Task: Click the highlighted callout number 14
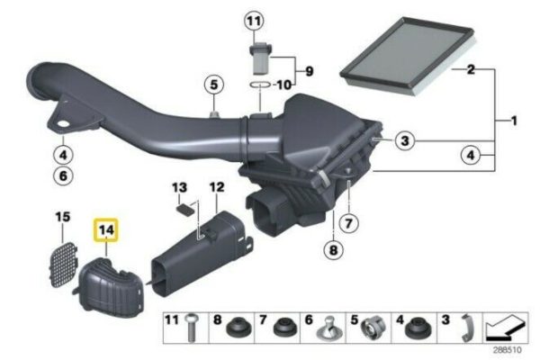[x=106, y=229]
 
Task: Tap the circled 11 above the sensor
[x=254, y=21]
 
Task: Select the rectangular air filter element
[x=409, y=56]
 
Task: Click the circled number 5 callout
[x=214, y=85]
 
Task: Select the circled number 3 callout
[x=405, y=140]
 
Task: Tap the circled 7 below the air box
[x=348, y=223]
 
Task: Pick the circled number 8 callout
[x=333, y=250]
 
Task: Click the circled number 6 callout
[x=63, y=176]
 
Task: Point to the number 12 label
[x=217, y=187]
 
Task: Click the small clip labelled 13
[x=184, y=210]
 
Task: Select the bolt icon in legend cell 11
[x=192, y=328]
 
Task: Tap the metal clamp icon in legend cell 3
[x=467, y=328]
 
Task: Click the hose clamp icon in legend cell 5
[x=374, y=328]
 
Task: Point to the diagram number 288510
[x=507, y=350]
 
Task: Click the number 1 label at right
[x=514, y=121]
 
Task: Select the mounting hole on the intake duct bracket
[x=63, y=124]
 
